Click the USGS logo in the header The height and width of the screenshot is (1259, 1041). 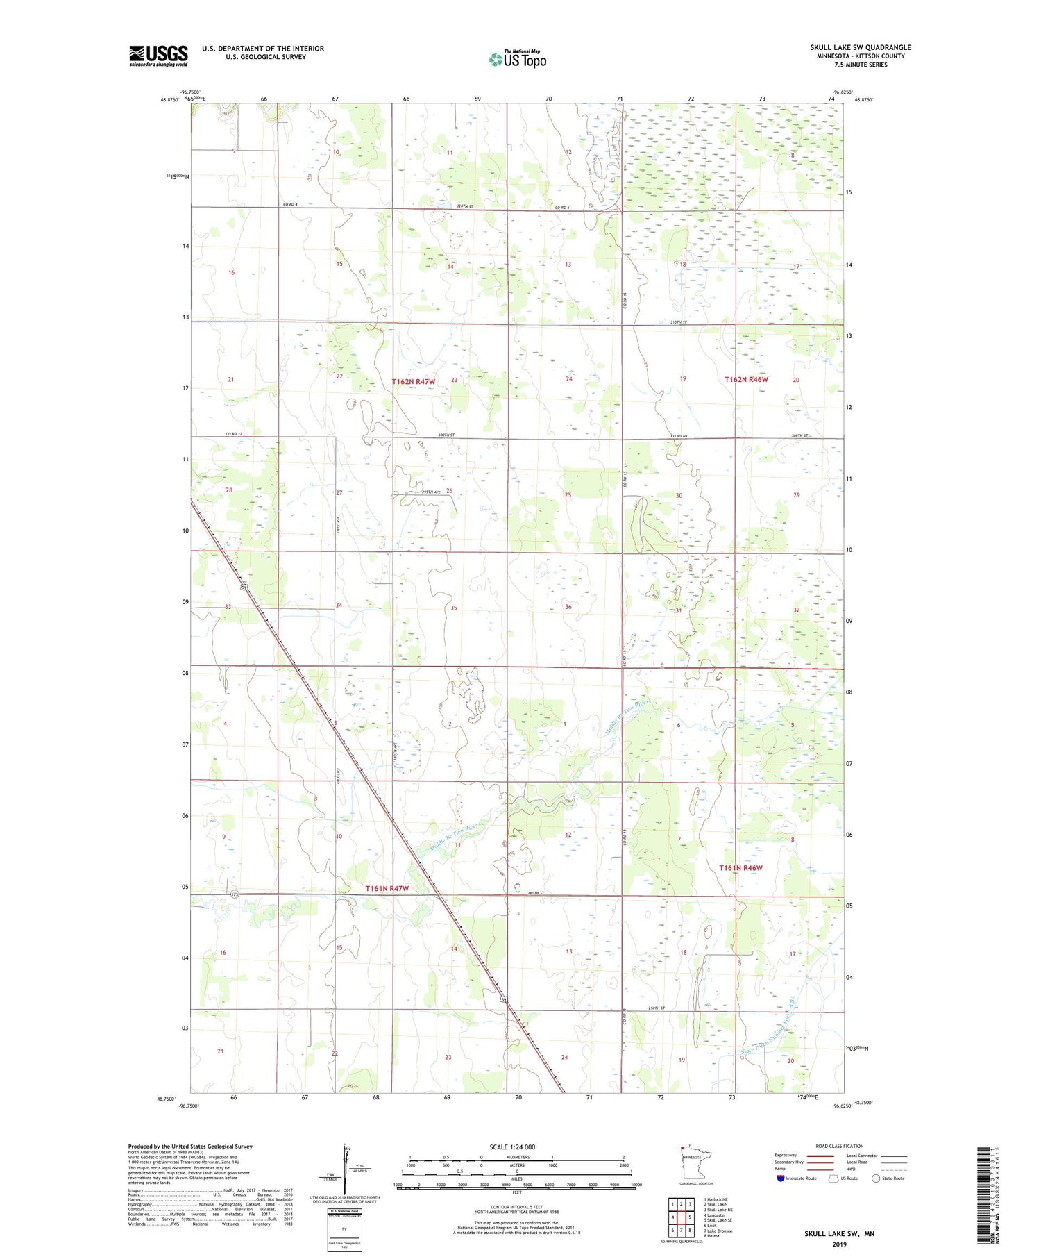pyautogui.click(x=158, y=56)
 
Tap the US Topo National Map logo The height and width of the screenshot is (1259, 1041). pyautogui.click(x=518, y=60)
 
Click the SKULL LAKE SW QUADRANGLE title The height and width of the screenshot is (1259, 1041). pyautogui.click(x=861, y=47)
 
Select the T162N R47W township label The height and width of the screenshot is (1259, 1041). pyautogui.click(x=414, y=382)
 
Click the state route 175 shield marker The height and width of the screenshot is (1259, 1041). pyautogui.click(x=235, y=894)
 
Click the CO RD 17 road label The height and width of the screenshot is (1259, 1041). pyautogui.click(x=234, y=435)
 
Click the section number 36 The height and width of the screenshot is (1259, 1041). pyautogui.click(x=568, y=607)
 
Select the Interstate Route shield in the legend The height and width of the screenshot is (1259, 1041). pyautogui.click(x=781, y=1178)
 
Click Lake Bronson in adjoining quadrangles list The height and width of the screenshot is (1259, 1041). pyautogui.click(x=719, y=1231)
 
